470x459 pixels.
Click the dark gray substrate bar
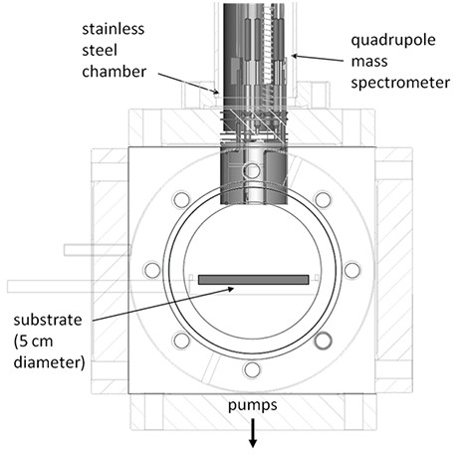[253, 280]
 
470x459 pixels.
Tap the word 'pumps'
[252, 405]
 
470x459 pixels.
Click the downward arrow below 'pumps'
[253, 433]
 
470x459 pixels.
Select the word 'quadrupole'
[393, 41]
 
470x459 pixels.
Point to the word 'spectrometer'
[400, 83]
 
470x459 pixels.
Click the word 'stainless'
[114, 29]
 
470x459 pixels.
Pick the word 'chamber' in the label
[115, 72]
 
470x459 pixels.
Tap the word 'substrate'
[48, 320]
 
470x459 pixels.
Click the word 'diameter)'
[50, 362]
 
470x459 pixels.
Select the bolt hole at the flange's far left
[152, 270]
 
